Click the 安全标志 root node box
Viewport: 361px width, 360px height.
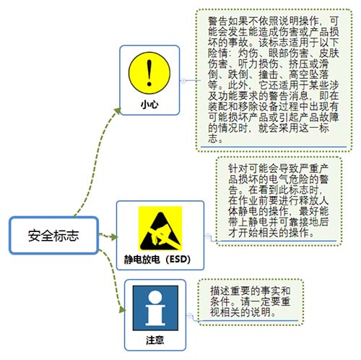pos(54,236)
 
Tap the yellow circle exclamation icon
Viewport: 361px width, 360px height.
pos(149,73)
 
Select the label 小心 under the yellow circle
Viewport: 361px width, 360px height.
pos(149,105)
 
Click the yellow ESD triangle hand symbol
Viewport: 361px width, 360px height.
pos(160,228)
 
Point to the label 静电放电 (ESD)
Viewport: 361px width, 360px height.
pos(157,260)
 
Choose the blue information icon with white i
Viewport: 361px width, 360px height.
pos(155,308)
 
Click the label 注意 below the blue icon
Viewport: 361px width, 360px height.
pos(155,340)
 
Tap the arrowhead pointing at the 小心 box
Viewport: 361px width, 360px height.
pos(118,111)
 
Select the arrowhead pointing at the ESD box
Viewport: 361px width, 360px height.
pos(114,237)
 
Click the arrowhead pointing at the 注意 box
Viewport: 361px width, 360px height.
pos(123,309)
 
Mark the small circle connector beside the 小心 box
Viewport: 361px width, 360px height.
pos(183,81)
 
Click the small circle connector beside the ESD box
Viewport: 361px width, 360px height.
pos(208,236)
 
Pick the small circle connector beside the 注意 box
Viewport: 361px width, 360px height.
pos(190,315)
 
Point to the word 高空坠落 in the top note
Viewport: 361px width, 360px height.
pos(309,74)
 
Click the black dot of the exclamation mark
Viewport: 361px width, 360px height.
pos(149,84)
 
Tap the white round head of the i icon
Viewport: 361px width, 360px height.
pos(155,296)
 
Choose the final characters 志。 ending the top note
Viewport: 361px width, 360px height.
pos(215,139)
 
